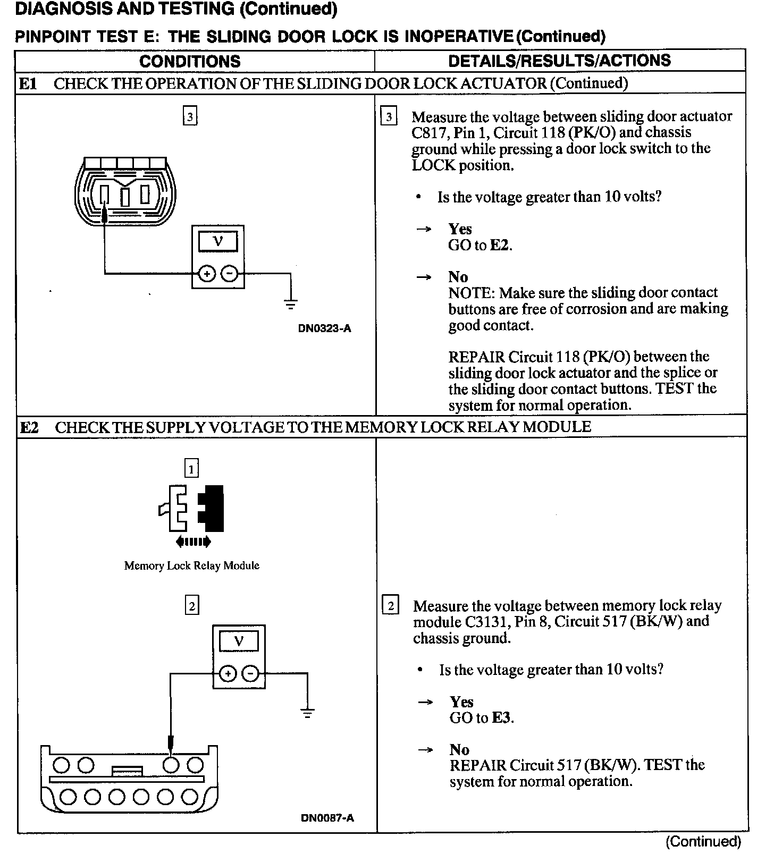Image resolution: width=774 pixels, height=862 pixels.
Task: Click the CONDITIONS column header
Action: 190,61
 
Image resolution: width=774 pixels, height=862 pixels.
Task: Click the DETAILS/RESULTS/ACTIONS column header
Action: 559,61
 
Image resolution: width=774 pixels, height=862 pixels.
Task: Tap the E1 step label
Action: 29,83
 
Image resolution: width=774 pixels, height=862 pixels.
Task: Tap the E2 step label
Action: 29,427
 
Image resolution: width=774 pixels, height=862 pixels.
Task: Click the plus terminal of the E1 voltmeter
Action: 206,274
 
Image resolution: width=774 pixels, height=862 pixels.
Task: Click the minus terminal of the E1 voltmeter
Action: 230,274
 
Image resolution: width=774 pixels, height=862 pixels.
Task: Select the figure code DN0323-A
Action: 324,328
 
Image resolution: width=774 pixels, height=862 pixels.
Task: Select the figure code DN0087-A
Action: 327,818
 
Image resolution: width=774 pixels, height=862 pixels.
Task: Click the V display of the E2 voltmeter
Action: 239,641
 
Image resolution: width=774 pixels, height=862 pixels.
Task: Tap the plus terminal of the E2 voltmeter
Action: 228,674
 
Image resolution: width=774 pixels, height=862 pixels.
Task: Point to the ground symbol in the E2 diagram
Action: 307,713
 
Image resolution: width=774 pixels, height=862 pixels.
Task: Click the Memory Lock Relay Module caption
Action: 191,565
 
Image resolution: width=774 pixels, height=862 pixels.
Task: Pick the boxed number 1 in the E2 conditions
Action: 191,469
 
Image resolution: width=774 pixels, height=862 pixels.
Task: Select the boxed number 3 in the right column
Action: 389,116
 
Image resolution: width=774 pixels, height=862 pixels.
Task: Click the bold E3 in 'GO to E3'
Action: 502,718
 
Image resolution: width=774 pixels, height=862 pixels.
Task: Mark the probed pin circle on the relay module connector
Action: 171,765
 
